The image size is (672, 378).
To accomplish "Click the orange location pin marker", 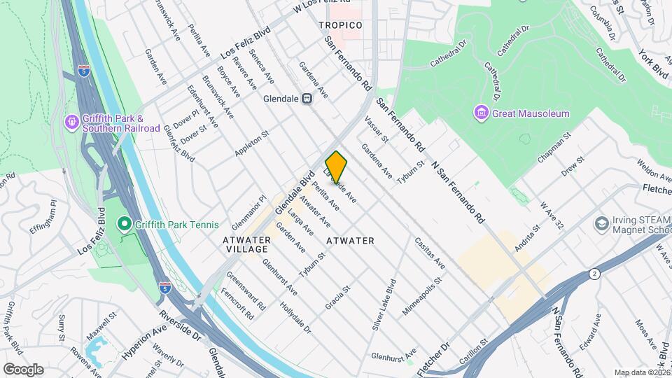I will [336, 167].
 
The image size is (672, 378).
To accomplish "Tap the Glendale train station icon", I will [307, 99].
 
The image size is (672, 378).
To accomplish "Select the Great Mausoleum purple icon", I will [480, 113].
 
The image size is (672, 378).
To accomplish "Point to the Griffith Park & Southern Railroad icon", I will [72, 122].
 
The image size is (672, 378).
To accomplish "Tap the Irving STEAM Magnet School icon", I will [601, 224].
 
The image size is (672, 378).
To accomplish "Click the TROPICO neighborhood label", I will [340, 25].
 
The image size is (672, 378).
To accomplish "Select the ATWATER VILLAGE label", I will [246, 244].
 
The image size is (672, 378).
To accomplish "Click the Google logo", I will [23, 369].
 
